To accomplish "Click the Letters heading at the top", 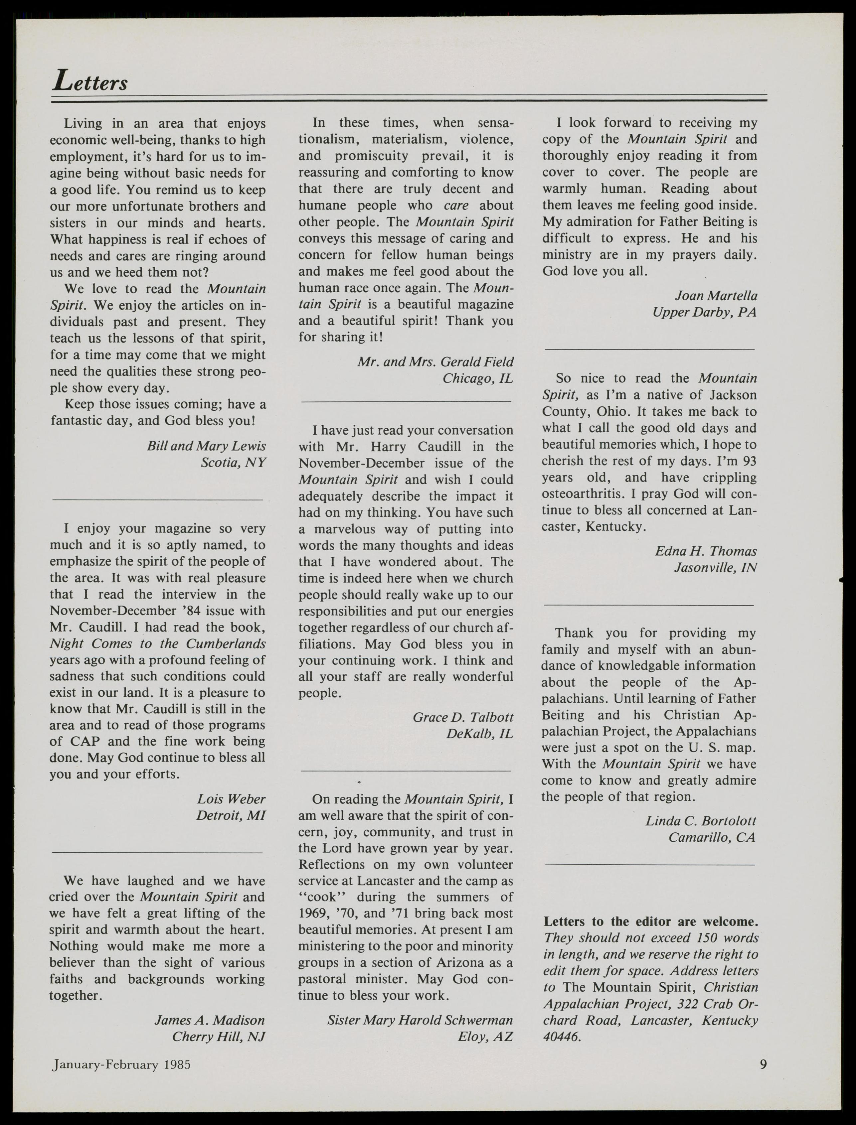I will (90, 81).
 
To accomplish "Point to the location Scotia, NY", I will (233, 463).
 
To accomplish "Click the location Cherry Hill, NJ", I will (219, 1037).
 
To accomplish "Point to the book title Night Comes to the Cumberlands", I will (157, 644).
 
